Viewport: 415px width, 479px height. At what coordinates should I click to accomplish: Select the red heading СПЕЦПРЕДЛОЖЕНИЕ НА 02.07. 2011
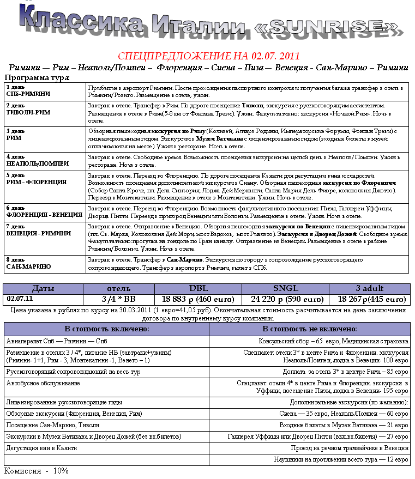point(209,56)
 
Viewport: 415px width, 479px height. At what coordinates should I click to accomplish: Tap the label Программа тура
point(37,78)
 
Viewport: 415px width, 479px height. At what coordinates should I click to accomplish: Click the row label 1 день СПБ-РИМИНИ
point(28,90)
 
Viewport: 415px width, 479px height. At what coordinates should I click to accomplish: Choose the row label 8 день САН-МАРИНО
point(28,263)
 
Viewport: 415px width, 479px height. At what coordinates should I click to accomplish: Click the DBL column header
point(198,288)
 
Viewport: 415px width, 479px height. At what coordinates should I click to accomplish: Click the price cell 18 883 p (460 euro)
point(198,299)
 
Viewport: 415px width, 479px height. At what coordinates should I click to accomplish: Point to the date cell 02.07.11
point(20,299)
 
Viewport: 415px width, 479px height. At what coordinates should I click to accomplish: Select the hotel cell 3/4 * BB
point(118,299)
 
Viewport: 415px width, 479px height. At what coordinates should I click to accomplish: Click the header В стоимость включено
point(107,329)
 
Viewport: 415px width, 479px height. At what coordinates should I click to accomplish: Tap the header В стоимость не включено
point(310,329)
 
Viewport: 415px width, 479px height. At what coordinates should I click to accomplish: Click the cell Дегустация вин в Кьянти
point(42,447)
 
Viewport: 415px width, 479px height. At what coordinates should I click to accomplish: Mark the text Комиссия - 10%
point(37,470)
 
